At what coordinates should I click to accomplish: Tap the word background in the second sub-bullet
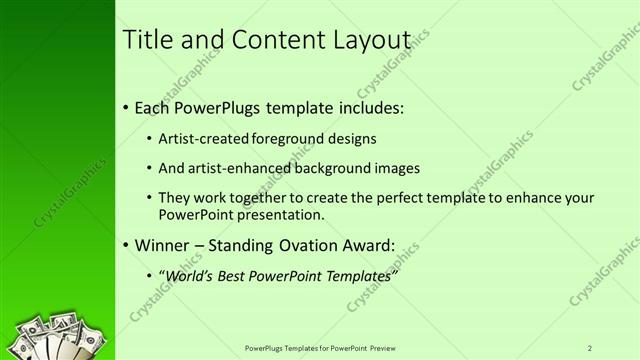pyautogui.click(x=334, y=168)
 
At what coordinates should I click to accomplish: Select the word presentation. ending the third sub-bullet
pyautogui.click(x=274, y=215)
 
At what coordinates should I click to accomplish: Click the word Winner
pyautogui.click(x=160, y=245)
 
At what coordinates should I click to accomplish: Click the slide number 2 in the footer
pyautogui.click(x=590, y=347)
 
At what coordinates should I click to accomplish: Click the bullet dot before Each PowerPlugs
pyautogui.click(x=125, y=107)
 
